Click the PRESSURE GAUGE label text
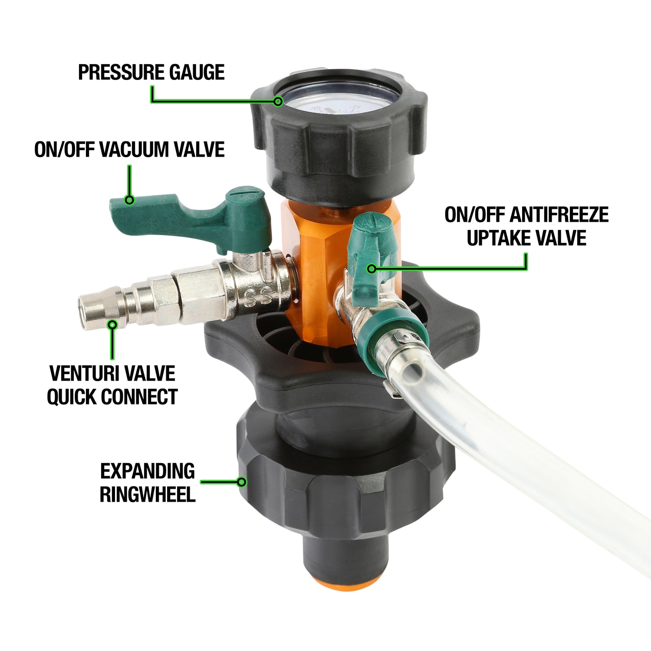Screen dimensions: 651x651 point(151,72)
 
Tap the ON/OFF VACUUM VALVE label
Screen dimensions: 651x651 point(129,150)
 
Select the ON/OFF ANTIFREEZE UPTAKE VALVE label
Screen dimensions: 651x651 point(526,226)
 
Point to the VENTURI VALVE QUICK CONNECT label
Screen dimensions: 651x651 point(112,385)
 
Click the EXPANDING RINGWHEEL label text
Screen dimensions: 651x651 point(148,483)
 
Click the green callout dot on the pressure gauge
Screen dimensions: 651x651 point(278,102)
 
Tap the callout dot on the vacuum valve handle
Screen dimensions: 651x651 point(129,200)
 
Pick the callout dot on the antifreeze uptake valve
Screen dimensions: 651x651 point(372,269)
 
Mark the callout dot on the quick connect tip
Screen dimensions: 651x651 point(113,324)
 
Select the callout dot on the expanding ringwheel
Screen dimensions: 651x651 point(242,482)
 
